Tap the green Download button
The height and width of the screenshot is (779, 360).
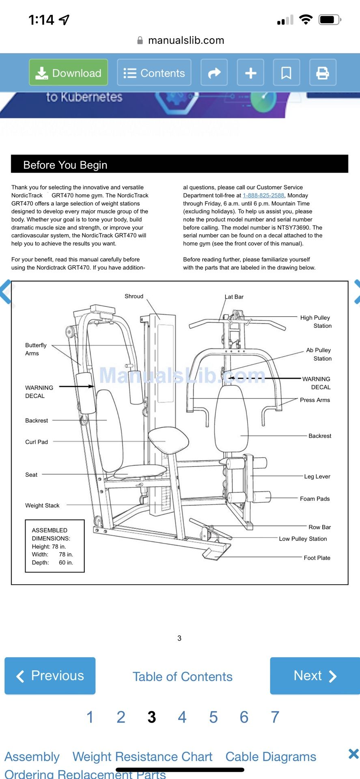(68, 73)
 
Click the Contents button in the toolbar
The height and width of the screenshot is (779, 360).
(154, 73)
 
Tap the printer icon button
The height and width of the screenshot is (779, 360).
(323, 73)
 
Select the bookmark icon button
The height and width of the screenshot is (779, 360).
(286, 73)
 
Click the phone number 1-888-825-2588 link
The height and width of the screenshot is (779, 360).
(263, 195)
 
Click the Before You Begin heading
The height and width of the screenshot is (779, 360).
(65, 165)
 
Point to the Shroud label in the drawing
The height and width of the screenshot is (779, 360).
(134, 296)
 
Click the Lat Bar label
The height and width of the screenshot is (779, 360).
(234, 297)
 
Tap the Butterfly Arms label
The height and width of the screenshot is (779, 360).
(36, 349)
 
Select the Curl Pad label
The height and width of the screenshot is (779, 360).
(37, 442)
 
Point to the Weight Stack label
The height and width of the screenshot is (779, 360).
(42, 505)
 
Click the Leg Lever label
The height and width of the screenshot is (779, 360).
(317, 476)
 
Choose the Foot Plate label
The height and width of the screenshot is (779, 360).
(317, 558)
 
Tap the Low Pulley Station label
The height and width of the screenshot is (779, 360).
(303, 539)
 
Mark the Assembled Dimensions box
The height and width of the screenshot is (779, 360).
(55, 546)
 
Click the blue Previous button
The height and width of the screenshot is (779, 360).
(50, 676)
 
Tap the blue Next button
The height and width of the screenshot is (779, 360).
(315, 676)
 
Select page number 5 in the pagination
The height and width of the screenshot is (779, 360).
(213, 717)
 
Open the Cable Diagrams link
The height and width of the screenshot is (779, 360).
(271, 757)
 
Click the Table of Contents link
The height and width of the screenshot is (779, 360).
(182, 676)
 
